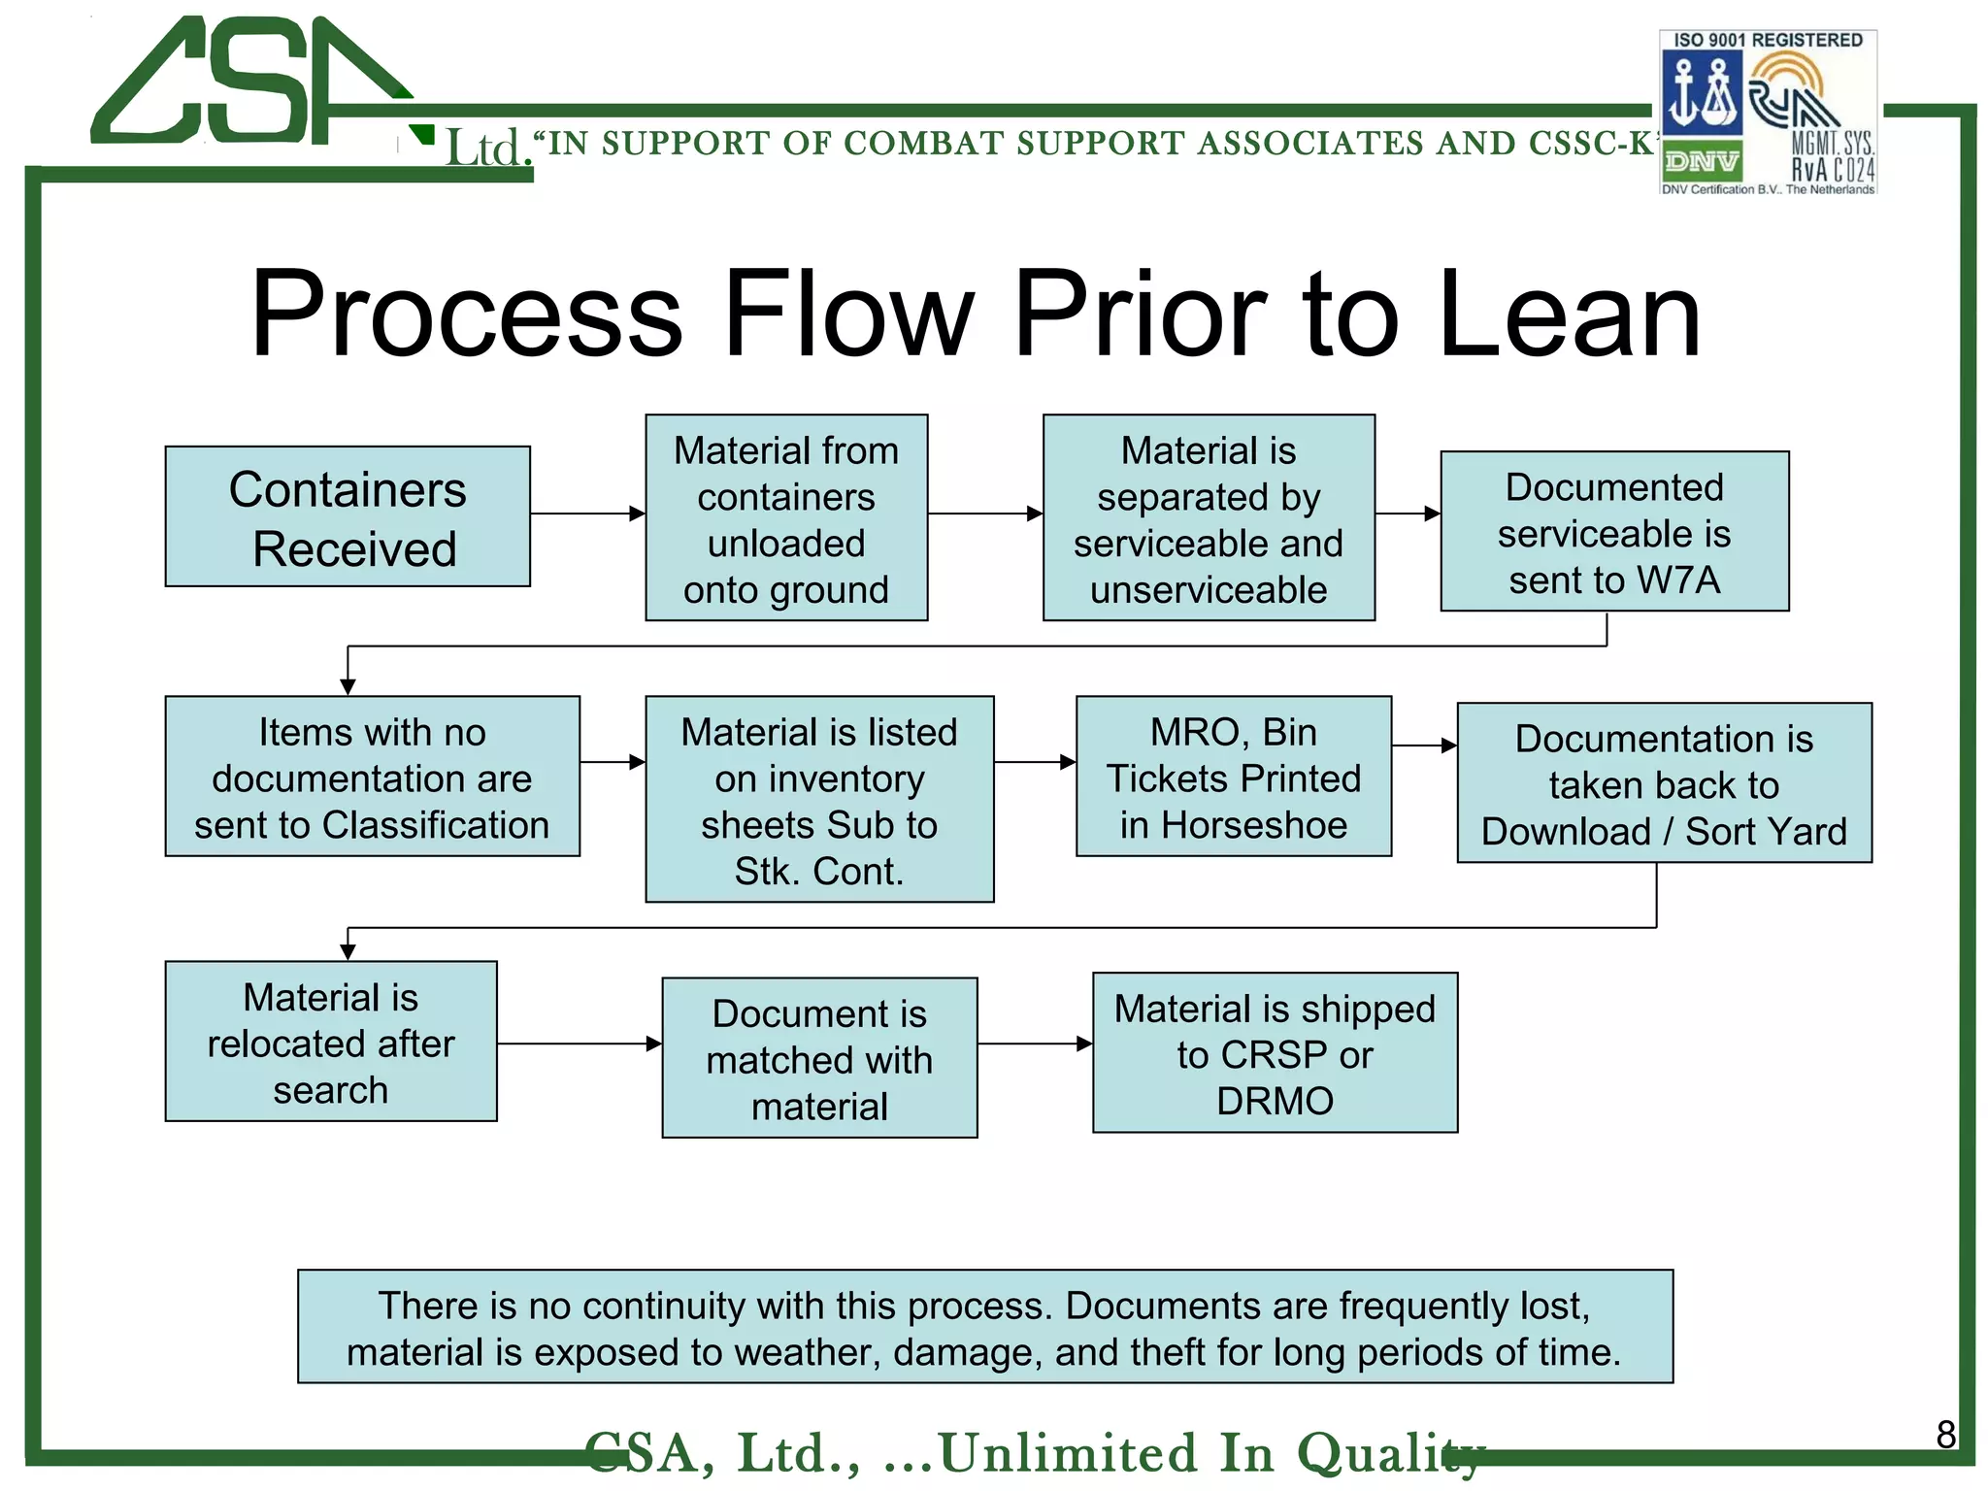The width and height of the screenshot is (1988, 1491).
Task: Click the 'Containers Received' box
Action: pyautogui.click(x=348, y=516)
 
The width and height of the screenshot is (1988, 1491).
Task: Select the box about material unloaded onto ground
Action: pyautogui.click(x=786, y=518)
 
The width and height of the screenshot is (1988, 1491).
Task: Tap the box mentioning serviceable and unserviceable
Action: pyautogui.click(x=1209, y=518)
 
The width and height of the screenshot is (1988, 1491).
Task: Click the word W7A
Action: pyautogui.click(x=1678, y=580)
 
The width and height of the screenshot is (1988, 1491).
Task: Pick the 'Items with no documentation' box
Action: pyautogui.click(x=372, y=777)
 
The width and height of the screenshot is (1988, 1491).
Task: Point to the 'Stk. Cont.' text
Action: pyautogui.click(x=818, y=872)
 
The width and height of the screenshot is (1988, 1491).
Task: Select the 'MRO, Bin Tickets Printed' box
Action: pyautogui.click(x=1233, y=777)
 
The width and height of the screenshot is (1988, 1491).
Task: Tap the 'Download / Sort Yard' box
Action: pyautogui.click(x=1664, y=783)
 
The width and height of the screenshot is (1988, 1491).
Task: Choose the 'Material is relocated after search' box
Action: pyautogui.click(x=331, y=1042)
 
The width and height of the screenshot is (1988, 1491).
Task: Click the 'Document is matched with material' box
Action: pyautogui.click(x=819, y=1058)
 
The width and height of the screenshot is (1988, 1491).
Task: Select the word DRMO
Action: pyautogui.click(x=1275, y=1102)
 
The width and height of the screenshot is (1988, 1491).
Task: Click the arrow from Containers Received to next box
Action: pyautogui.click(x=587, y=514)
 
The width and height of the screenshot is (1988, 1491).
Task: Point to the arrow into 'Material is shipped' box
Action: pyautogui.click(x=1035, y=1044)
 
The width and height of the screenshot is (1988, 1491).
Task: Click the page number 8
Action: pyautogui.click(x=1945, y=1434)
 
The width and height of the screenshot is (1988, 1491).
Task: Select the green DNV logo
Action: pyautogui.click(x=1702, y=161)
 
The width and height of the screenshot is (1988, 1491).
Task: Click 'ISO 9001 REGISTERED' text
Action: pyautogui.click(x=1768, y=41)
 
